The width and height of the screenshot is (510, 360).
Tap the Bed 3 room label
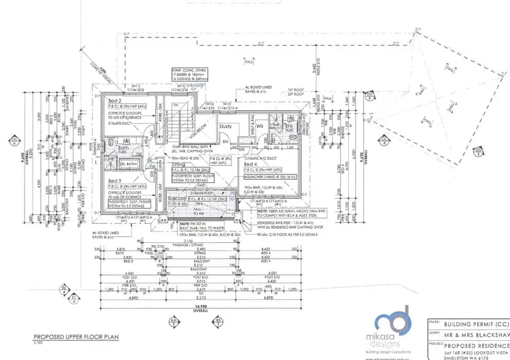tap(115, 180)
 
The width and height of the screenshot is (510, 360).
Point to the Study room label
tap(226, 126)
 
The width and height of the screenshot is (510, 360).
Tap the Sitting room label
tap(177, 165)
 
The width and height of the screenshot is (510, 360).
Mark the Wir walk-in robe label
tap(260, 125)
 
